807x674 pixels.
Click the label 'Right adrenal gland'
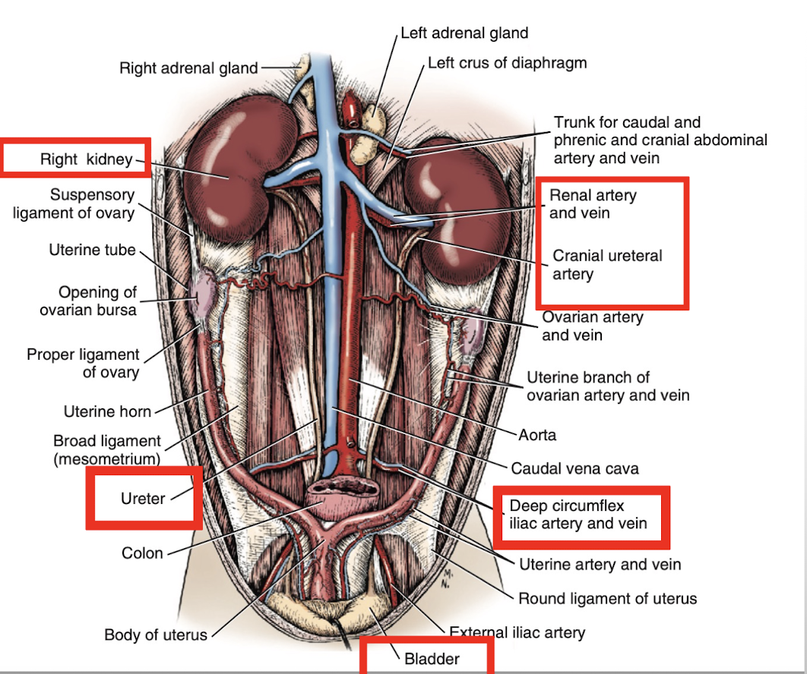click(188, 68)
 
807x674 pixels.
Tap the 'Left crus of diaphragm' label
click(507, 63)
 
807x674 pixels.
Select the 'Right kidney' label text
click(86, 159)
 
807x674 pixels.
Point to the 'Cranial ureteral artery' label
click(607, 264)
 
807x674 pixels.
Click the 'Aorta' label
click(537, 435)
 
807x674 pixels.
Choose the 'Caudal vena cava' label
click(574, 469)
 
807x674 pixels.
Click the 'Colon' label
click(142, 553)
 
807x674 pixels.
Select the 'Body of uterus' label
click(156, 635)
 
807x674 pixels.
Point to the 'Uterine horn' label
click(107, 412)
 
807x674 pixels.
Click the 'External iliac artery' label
click(517, 631)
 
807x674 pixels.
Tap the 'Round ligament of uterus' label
click(607, 598)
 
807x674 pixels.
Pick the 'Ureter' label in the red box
click(143, 499)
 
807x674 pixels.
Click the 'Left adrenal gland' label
click(464, 33)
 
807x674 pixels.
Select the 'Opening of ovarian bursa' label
click(98, 301)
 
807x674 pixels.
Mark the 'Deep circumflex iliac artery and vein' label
click(578, 515)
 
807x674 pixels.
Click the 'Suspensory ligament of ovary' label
click(74, 204)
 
